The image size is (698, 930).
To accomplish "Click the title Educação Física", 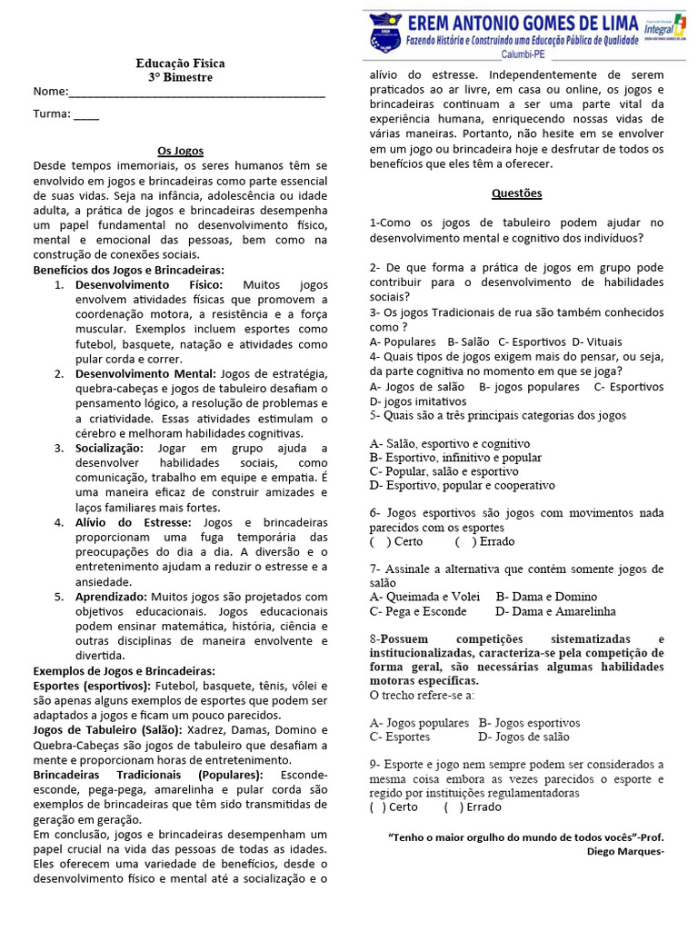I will (180, 64).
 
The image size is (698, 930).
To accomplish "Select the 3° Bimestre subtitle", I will (180, 78).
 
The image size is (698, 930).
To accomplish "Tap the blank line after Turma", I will (86, 115).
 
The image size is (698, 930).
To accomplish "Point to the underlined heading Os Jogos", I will (180, 151).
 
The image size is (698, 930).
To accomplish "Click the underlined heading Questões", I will (516, 193).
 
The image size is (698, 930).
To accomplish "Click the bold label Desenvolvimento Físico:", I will (148, 285).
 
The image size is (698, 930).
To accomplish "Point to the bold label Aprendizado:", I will (111, 597).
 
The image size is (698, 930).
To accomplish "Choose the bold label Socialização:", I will (109, 449).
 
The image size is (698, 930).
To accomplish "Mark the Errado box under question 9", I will (450, 806).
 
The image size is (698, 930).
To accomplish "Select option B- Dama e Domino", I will (546, 598).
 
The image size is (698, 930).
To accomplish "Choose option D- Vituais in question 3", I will (597, 341).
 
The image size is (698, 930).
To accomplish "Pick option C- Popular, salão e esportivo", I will (444, 472).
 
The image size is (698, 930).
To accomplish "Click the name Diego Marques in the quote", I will (621, 853).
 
